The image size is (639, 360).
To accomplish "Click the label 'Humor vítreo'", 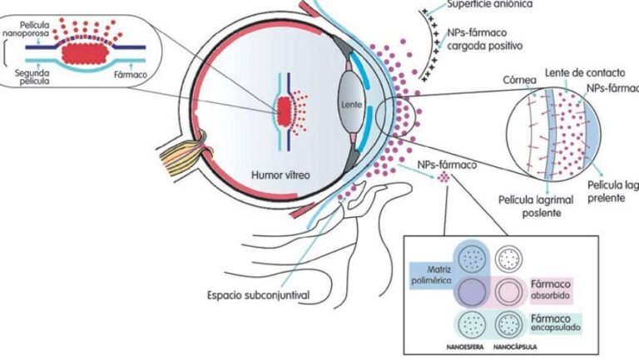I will (x=280, y=175).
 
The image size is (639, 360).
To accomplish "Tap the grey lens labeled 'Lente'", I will (x=350, y=106).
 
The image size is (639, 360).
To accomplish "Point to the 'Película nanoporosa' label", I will (x=27, y=32).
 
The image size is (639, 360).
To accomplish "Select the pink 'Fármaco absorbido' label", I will (x=552, y=288).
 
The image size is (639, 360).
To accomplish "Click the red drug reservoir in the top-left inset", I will (x=83, y=52).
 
